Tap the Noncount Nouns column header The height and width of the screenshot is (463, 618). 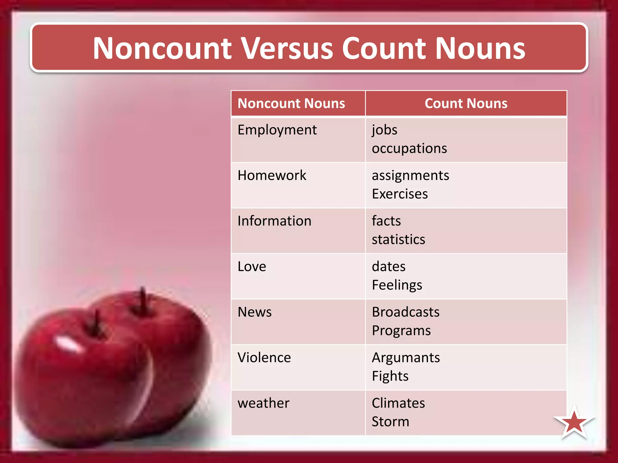pyautogui.click(x=291, y=103)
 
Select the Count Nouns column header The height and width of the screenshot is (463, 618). pyautogui.click(x=466, y=103)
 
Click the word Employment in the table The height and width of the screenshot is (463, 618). pyautogui.click(x=277, y=130)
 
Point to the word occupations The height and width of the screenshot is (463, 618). pyautogui.click(x=409, y=148)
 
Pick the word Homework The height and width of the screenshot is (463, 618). pyautogui.click(x=272, y=175)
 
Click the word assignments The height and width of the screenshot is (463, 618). pyautogui.click(x=410, y=175)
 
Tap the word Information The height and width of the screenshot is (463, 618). pyautogui.click(x=274, y=221)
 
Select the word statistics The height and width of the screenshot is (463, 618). pyautogui.click(x=398, y=240)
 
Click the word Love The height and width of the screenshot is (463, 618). pyautogui.click(x=252, y=266)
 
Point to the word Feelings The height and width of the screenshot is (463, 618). pyautogui.click(x=397, y=285)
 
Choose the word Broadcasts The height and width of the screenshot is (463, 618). pyautogui.click(x=406, y=312)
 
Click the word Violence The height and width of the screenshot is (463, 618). pyautogui.click(x=264, y=357)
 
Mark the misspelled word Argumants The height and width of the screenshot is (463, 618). pyautogui.click(x=406, y=358)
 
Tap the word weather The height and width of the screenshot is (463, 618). pyautogui.click(x=263, y=403)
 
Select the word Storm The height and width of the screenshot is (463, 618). pyautogui.click(x=390, y=421)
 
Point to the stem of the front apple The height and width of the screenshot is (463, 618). pyautogui.click(x=97, y=323)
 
